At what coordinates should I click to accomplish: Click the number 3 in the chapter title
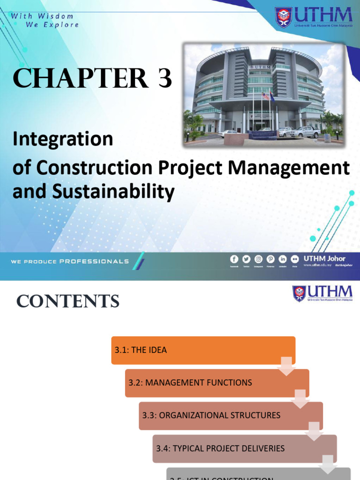coord(165,79)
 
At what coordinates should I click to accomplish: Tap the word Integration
coord(63,139)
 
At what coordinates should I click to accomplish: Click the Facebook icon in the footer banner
coord(234,259)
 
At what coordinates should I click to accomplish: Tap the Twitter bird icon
coord(246,259)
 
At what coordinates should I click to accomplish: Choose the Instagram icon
coord(258,259)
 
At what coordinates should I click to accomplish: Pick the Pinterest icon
coord(270,259)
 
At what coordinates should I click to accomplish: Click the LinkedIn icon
coord(283,259)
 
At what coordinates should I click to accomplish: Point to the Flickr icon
coord(294,259)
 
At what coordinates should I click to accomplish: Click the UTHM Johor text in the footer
coord(324,258)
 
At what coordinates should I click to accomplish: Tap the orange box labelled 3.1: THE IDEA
coord(203,350)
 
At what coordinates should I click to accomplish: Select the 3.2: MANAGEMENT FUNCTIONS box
coord(217,383)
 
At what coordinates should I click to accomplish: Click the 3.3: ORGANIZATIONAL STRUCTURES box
coord(231,416)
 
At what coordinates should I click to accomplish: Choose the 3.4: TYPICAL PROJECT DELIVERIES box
coord(244,449)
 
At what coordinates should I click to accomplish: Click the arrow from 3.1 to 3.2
coord(286,366)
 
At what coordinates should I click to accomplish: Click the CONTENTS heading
coord(68,301)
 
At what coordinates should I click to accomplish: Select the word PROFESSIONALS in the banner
coord(94,262)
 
